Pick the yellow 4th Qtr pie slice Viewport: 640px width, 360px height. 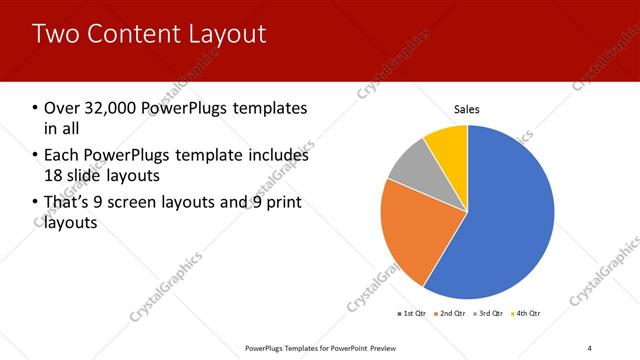point(447,145)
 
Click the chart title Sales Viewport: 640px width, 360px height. point(467,107)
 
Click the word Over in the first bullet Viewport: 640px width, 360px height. point(60,108)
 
